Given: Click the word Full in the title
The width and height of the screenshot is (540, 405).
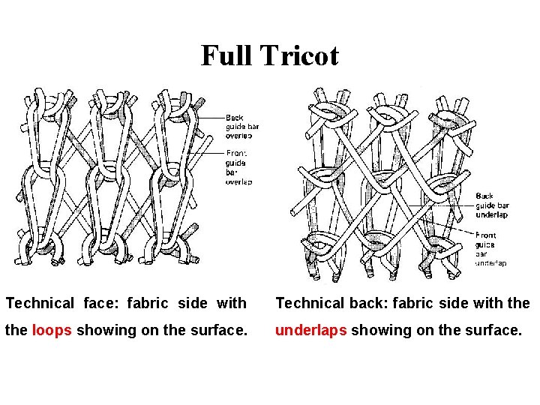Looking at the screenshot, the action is (x=227, y=55).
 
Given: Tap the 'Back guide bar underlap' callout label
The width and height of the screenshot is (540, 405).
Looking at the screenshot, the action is (x=492, y=205).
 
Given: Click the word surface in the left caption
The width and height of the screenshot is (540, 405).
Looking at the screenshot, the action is (x=219, y=329).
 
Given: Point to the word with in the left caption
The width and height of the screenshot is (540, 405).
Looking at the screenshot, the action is (x=231, y=303).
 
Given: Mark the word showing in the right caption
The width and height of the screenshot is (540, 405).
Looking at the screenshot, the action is (x=376, y=329).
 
